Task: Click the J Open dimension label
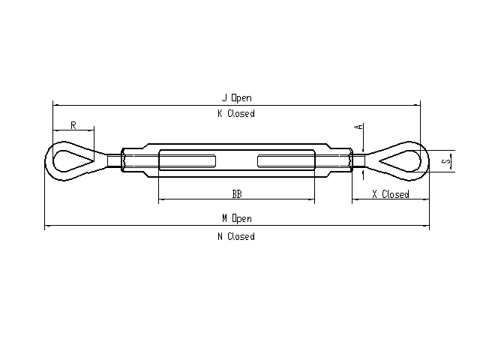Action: point(237,98)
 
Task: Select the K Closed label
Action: point(236,113)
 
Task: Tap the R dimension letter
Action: point(73,125)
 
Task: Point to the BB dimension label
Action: point(237,194)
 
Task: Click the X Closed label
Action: point(391,194)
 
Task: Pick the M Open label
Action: point(237,218)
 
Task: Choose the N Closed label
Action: point(236,237)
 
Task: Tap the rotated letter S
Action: point(447,160)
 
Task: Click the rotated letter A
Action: point(358,127)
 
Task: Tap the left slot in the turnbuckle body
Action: point(187,161)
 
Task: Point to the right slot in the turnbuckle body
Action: point(286,161)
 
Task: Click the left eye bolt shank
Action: point(114,160)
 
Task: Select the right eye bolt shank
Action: point(358,160)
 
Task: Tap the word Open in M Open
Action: point(241,219)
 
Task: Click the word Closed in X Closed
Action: point(395,194)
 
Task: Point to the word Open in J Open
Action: point(241,98)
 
